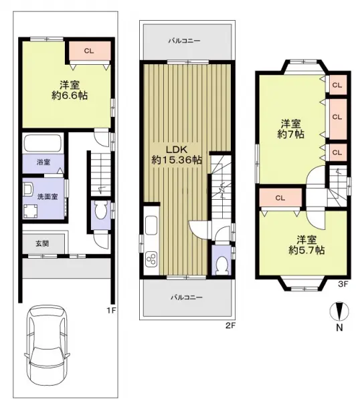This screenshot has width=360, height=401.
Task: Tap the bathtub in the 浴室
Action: coord(43,143)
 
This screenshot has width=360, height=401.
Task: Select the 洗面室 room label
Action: coord(48,196)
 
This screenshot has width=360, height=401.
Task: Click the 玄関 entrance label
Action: coord(42,244)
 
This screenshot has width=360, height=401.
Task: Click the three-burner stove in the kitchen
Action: coord(151,259)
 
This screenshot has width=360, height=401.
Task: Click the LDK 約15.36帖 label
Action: coord(177,155)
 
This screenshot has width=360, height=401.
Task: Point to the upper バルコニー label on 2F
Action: coord(185,41)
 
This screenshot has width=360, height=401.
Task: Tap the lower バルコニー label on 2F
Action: coord(187,297)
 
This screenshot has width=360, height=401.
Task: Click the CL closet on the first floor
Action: coord(90,51)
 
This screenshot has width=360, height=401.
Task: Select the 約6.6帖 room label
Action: coord(70,96)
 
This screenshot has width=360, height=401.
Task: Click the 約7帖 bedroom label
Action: coord(291,134)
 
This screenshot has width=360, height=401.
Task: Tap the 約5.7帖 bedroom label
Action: coord(306,250)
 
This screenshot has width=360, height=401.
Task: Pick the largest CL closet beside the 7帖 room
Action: coord(338,119)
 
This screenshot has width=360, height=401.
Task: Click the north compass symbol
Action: coord(339,311)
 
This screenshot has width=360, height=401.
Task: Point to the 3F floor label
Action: coord(343,284)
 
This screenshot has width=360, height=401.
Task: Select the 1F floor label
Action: coord(112,311)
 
